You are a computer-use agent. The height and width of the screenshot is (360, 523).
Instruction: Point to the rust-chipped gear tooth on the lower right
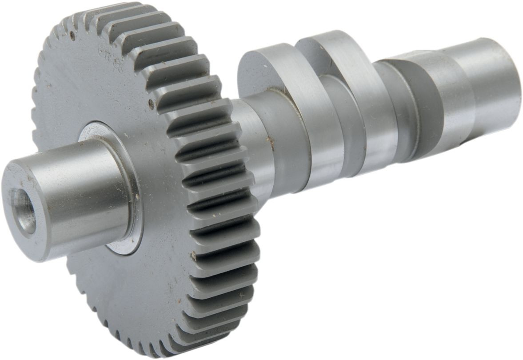point(194,256)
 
